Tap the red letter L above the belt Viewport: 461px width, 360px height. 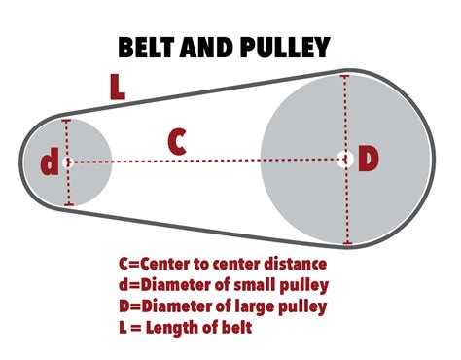tap(118, 87)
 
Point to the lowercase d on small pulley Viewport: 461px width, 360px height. tap(49, 162)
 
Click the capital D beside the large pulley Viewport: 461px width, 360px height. tap(367, 159)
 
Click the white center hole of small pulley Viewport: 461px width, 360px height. tap(67, 162)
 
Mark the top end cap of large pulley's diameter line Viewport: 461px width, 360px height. tap(345, 75)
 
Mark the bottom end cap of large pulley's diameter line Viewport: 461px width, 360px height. tap(348, 243)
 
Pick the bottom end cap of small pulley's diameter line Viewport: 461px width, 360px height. tap(68, 204)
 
